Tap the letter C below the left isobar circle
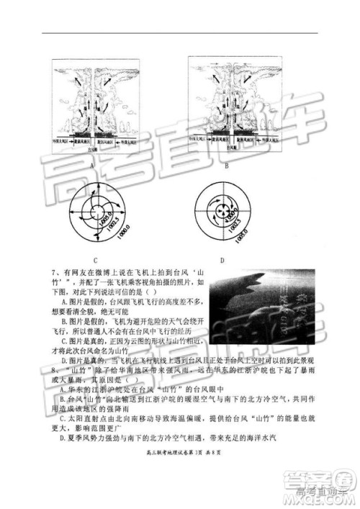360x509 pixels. pyautogui.click(x=96, y=259)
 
